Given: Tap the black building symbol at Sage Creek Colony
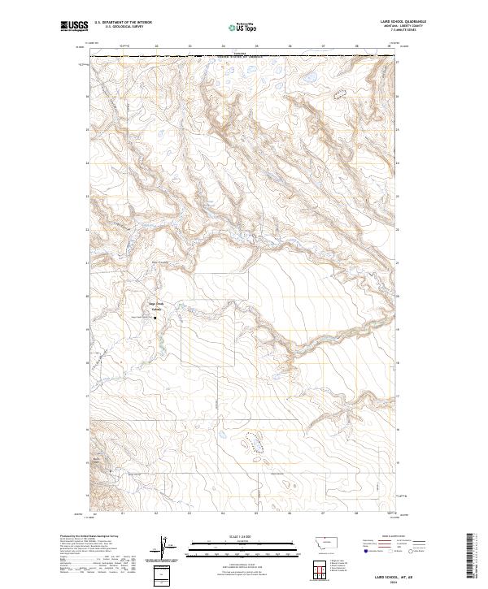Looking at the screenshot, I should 156,317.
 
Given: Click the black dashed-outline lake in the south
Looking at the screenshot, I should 254,443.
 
